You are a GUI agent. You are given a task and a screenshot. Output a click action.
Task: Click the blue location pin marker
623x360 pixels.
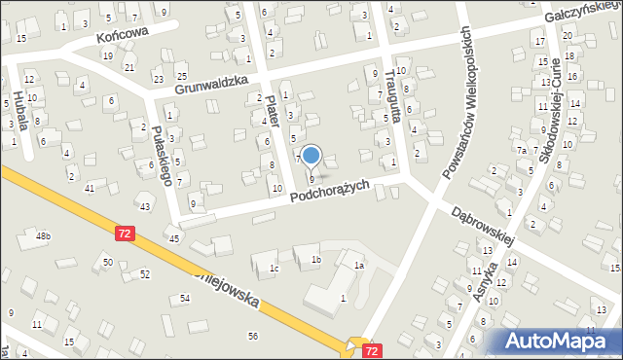tap(311, 156)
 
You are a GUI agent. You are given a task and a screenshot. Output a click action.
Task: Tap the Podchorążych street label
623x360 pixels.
tap(330, 191)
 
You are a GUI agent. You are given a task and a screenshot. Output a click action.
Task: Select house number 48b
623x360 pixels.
tap(43, 235)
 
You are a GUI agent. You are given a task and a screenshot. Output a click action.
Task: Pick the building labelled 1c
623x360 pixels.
tap(275, 268)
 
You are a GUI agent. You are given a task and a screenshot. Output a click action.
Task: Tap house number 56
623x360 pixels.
tap(253, 336)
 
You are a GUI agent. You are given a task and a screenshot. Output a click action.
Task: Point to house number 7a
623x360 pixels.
tap(522, 151)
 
